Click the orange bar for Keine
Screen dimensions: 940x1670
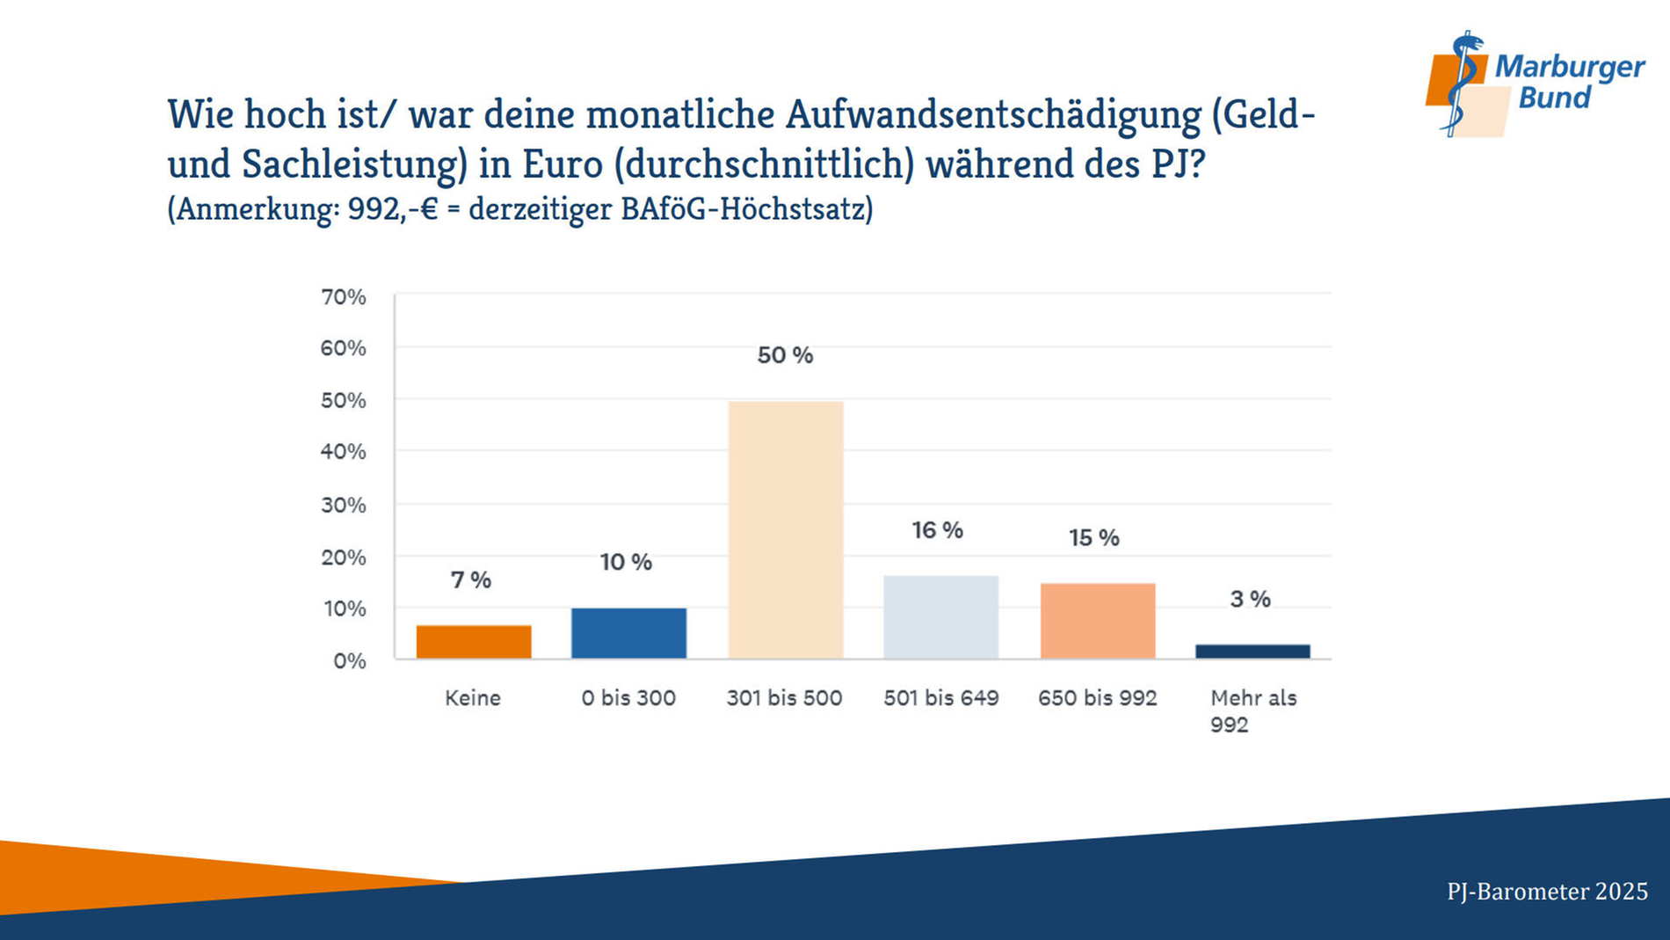(x=474, y=642)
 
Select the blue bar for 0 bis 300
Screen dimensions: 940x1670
(x=628, y=633)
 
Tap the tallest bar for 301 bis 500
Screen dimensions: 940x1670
(x=786, y=529)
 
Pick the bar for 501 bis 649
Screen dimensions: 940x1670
(x=940, y=616)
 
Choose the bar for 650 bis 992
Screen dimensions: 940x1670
(x=1098, y=621)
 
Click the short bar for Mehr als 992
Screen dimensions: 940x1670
(x=1252, y=652)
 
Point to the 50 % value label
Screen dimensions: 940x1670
(x=785, y=355)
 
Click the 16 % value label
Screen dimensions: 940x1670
(x=937, y=530)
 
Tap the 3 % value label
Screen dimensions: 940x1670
(x=1250, y=599)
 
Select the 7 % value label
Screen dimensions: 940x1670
(x=471, y=580)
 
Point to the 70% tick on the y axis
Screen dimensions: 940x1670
(x=344, y=297)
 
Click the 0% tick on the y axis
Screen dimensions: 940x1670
(x=349, y=660)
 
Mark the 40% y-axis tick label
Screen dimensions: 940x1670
(x=344, y=452)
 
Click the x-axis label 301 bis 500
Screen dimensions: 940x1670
(x=784, y=698)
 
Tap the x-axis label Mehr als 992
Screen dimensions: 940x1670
(x=1252, y=710)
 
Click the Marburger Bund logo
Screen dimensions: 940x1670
(x=1534, y=84)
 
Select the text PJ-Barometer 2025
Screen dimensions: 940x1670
(x=1547, y=892)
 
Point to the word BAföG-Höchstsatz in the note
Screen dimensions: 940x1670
(x=746, y=209)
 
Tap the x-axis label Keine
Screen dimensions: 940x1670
(x=473, y=698)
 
